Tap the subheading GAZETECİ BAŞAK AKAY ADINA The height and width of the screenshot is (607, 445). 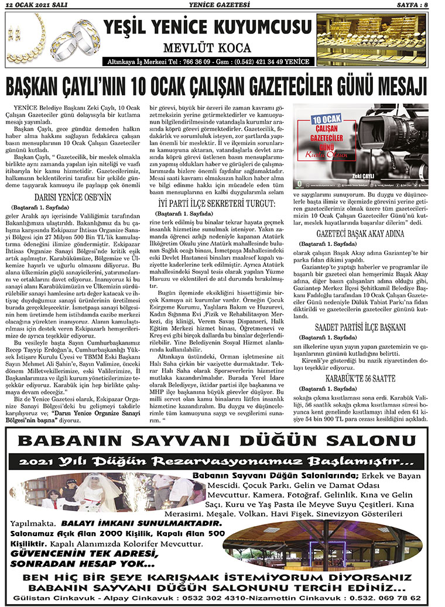pos(361,232)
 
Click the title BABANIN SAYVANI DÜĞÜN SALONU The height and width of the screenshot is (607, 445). pos(221,440)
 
